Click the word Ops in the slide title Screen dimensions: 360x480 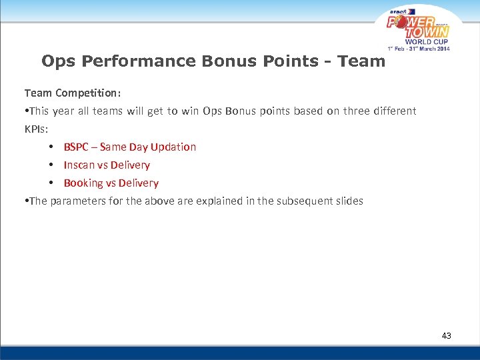[x=57, y=61]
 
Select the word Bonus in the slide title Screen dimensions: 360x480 [x=237, y=61]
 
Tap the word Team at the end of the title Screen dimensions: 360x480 [x=361, y=61]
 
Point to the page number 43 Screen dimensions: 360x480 [x=446, y=335]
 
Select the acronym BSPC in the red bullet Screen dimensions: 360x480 [x=76, y=147]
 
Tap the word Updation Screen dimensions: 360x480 [x=173, y=147]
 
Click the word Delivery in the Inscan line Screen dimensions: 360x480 [x=130, y=165]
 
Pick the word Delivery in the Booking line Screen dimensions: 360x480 [x=139, y=183]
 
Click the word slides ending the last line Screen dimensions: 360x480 [x=349, y=201]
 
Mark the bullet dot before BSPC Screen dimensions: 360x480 [x=51, y=147]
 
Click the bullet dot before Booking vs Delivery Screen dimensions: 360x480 [x=51, y=183]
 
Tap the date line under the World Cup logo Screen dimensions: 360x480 [x=419, y=48]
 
